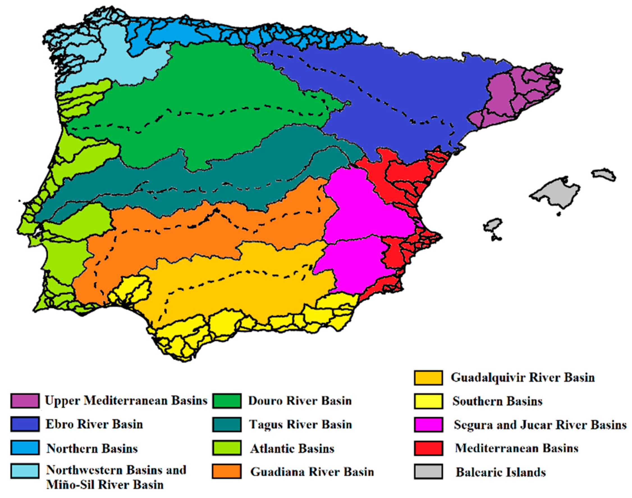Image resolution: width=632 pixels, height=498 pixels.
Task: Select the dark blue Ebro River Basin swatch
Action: pos(25,424)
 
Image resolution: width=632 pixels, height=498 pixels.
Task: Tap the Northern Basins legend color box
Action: pos(25,448)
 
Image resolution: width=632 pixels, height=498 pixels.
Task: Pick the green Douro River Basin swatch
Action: pos(226,401)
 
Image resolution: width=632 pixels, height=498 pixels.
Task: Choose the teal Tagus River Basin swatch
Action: pos(226,424)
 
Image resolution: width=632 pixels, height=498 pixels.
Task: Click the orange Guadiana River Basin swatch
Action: pos(226,471)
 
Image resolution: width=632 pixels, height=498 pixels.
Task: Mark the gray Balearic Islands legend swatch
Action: pos(428,471)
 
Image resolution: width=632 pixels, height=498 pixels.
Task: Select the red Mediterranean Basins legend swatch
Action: pos(428,448)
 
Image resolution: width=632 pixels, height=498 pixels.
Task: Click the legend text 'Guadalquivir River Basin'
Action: pos(523,377)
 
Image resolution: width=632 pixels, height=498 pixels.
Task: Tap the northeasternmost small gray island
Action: pos(603,174)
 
